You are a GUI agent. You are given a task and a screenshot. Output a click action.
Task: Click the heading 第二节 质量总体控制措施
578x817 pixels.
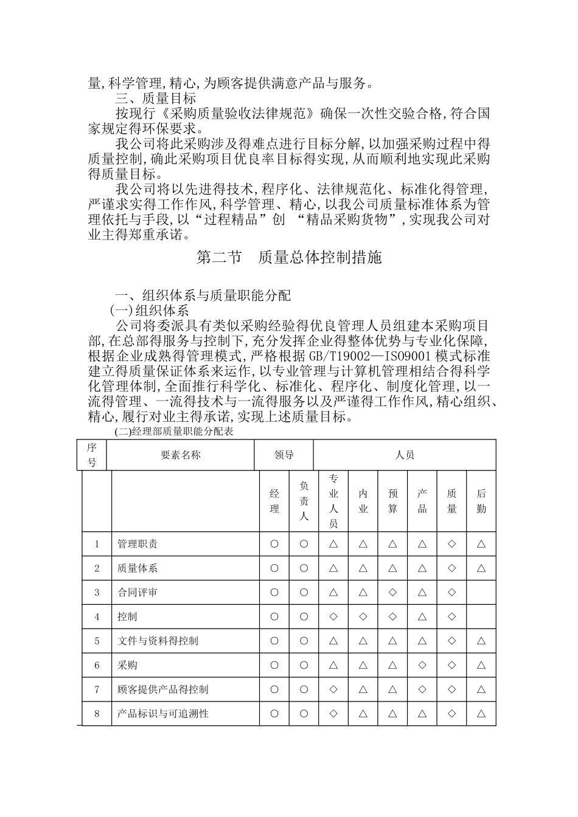click(x=289, y=257)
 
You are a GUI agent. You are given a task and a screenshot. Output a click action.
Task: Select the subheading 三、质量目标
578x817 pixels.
click(x=156, y=98)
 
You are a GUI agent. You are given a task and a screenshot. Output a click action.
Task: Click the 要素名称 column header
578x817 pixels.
click(x=180, y=455)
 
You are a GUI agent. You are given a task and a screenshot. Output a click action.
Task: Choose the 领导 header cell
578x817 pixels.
click(x=284, y=455)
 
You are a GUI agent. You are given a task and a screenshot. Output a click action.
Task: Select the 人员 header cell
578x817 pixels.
click(x=405, y=455)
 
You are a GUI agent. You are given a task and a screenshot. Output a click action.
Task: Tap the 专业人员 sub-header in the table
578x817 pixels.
click(x=333, y=501)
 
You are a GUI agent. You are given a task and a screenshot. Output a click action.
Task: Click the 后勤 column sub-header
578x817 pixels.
click(x=481, y=501)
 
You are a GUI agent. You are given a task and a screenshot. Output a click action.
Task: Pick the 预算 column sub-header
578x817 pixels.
click(x=392, y=501)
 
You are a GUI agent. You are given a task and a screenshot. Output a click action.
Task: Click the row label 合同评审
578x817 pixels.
click(x=138, y=592)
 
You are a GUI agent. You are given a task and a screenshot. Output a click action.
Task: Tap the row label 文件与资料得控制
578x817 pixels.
click(x=158, y=641)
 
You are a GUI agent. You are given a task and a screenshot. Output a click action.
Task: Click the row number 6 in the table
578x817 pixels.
click(x=97, y=665)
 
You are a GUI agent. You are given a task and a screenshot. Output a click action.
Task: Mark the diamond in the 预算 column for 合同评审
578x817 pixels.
click(x=392, y=592)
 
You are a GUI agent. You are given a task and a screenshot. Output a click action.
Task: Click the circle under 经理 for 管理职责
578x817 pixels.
click(x=274, y=544)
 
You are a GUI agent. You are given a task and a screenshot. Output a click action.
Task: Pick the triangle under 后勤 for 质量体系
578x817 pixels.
click(x=481, y=568)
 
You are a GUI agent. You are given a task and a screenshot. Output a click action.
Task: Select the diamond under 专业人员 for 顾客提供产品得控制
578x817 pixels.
click(x=333, y=689)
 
